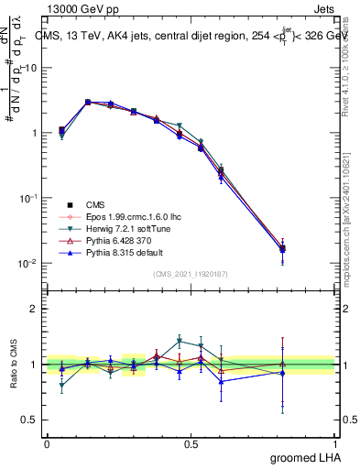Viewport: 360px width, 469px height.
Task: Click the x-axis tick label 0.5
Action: (x=191, y=442)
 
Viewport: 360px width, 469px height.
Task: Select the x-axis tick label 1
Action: (x=337, y=442)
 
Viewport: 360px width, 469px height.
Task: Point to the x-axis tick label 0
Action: (x=47, y=442)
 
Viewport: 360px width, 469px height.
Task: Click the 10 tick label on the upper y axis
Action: (x=31, y=68)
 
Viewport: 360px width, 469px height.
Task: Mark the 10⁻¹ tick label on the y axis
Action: (x=28, y=198)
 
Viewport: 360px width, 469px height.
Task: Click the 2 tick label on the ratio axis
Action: (x=35, y=309)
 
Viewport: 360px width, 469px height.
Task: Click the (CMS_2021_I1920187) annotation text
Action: (x=191, y=274)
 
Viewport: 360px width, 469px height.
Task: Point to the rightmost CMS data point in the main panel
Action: (x=308, y=248)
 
